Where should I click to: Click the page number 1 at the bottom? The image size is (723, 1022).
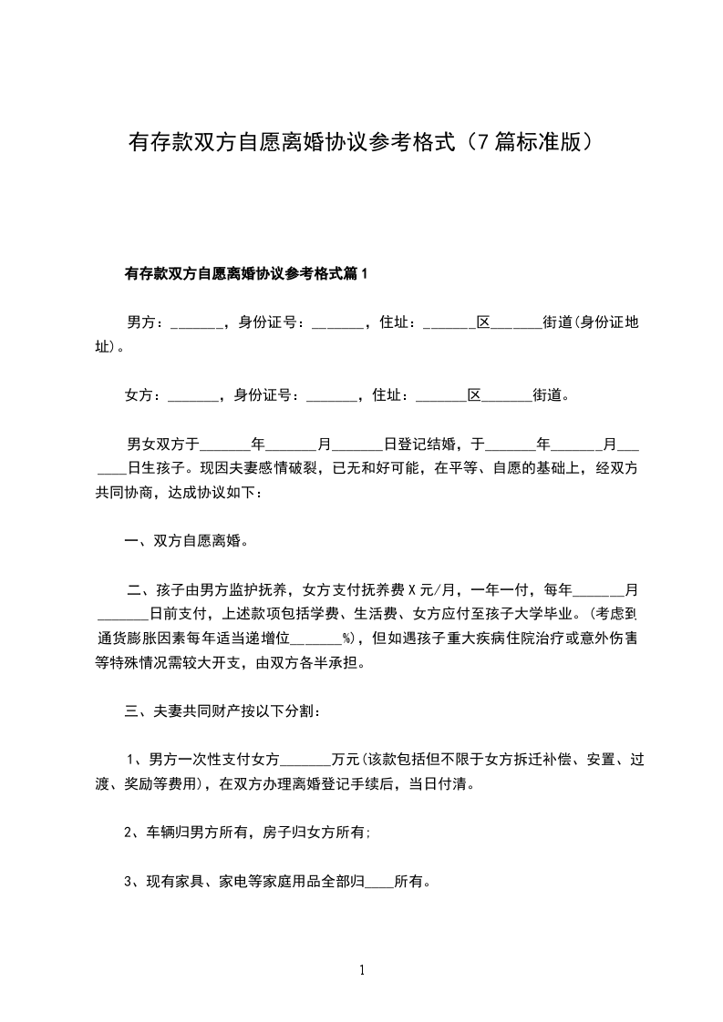point(362,970)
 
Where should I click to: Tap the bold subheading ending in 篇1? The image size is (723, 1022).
point(245,272)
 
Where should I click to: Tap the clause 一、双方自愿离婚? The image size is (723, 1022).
point(187,540)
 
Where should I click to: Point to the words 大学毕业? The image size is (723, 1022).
point(547,614)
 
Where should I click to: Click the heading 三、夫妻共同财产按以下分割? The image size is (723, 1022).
point(222,710)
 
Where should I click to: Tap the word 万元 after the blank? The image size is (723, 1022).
point(346,759)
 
